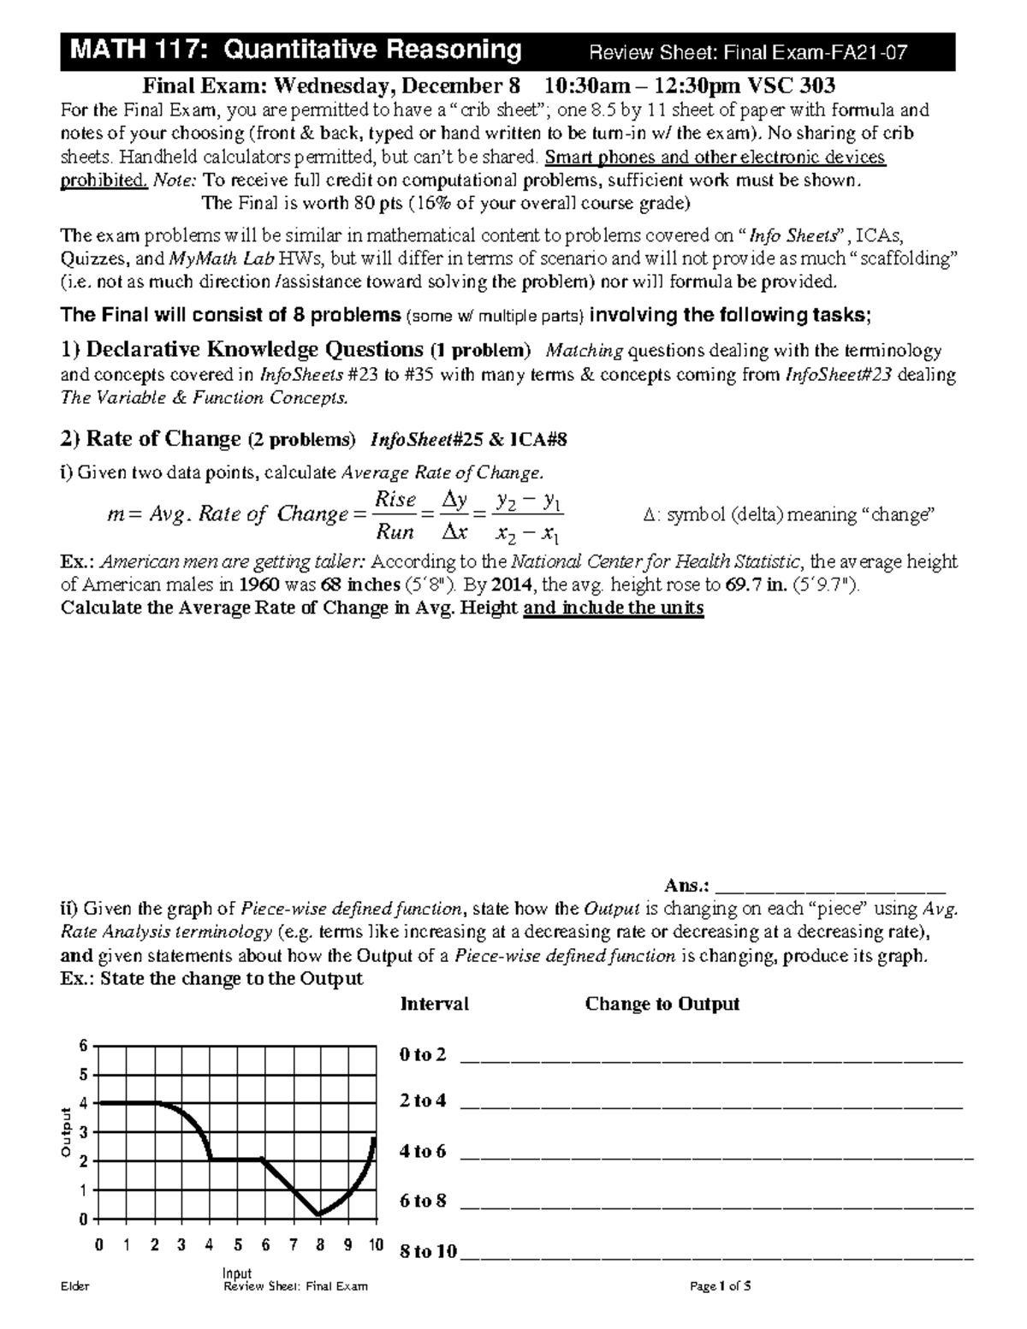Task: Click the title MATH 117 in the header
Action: (x=138, y=50)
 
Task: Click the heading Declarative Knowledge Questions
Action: (x=254, y=350)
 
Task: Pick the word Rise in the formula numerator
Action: (x=395, y=500)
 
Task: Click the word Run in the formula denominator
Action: (x=395, y=532)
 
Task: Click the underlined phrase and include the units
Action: (x=613, y=608)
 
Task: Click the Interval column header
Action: (x=434, y=1004)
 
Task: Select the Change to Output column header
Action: (x=662, y=1004)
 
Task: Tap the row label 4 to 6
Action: (x=423, y=1151)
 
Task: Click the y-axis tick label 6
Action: (x=83, y=1046)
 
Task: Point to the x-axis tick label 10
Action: (x=376, y=1246)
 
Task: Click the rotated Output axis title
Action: (x=65, y=1132)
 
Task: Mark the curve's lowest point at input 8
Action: (x=318, y=1213)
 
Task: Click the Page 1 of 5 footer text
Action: (x=724, y=1286)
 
